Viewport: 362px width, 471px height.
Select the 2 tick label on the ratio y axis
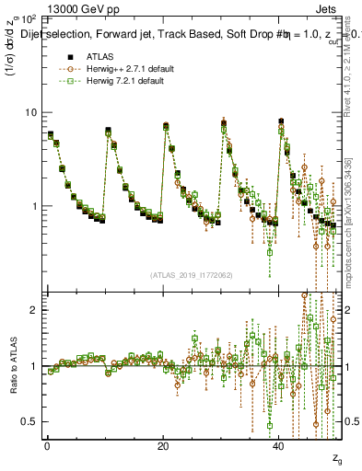(34, 310)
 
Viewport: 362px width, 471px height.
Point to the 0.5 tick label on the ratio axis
(29, 422)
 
